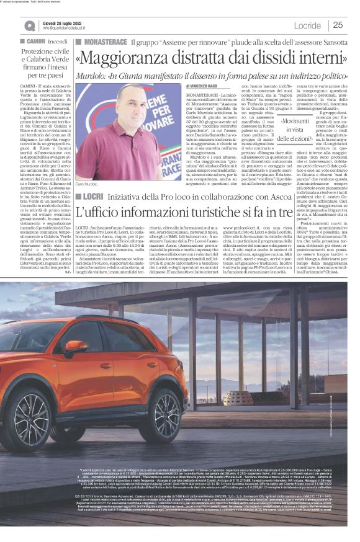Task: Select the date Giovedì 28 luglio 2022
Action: [65, 22]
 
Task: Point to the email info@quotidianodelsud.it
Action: [69, 28]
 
